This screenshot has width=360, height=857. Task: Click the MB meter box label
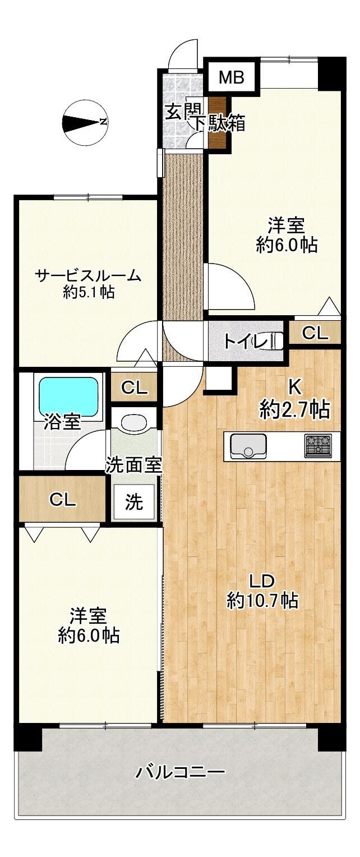pyautogui.click(x=231, y=77)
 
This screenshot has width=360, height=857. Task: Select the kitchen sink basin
pyautogui.click(x=248, y=445)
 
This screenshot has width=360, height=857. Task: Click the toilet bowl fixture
pyautogui.click(x=276, y=340)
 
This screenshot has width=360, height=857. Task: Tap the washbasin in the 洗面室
pyautogui.click(x=133, y=423)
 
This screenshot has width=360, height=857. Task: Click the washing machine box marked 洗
pyautogui.click(x=133, y=502)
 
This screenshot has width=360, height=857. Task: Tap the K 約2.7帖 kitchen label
pyautogui.click(x=294, y=400)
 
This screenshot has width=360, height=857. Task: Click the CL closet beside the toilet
pyautogui.click(x=315, y=333)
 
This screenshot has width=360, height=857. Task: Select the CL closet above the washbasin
pyautogui.click(x=134, y=388)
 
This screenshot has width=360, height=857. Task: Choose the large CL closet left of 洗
pyautogui.click(x=62, y=499)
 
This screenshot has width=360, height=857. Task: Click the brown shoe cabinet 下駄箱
pyautogui.click(x=218, y=123)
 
